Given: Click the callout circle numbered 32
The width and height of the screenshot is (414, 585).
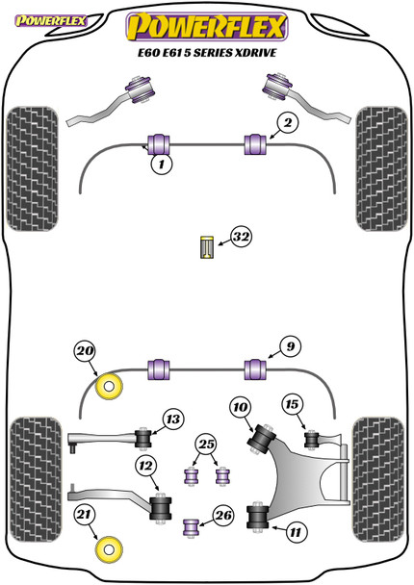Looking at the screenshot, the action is [241, 237].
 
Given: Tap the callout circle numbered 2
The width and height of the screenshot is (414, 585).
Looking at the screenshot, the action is [288, 123].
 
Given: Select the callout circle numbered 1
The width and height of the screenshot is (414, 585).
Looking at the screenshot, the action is [162, 164].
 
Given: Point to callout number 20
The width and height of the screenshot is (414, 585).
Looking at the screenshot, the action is [85, 351].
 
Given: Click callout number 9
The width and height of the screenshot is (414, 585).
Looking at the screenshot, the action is [290, 347].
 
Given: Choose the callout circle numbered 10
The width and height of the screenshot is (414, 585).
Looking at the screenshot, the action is [241, 407].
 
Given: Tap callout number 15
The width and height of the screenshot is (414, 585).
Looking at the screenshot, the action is [293, 404].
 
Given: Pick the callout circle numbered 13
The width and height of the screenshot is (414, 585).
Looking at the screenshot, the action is [173, 420].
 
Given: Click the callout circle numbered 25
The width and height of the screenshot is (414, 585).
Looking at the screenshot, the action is [206, 444].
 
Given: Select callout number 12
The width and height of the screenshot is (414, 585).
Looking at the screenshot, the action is [146, 466].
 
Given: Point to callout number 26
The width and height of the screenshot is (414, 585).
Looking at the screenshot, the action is [223, 516].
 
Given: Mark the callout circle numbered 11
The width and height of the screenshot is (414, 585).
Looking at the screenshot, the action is [296, 532].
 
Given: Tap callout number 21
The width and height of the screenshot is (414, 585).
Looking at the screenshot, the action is [84, 515].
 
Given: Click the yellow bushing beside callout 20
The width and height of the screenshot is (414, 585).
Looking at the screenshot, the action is [109, 386].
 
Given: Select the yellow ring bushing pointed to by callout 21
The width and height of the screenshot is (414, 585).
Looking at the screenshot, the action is [109, 549].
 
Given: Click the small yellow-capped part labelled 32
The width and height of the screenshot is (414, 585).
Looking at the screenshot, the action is [206, 247].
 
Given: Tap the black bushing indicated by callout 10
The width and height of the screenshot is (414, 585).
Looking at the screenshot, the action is [262, 440].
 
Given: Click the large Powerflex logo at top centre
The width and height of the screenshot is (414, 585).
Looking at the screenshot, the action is [207, 27].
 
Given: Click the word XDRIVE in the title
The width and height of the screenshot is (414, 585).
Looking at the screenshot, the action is [255, 53].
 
